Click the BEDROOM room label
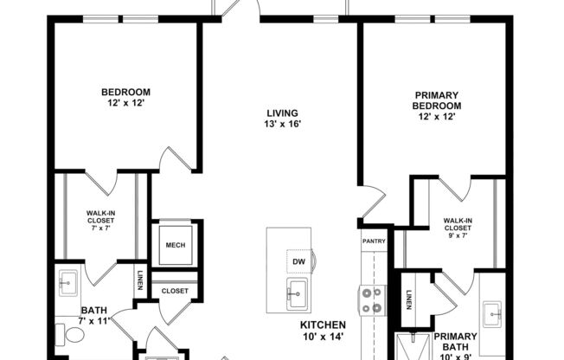125,93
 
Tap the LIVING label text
283,113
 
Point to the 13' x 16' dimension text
283,124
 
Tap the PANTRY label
374,242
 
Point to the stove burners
372,300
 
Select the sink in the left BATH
67,280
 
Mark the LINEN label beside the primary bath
408,296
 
